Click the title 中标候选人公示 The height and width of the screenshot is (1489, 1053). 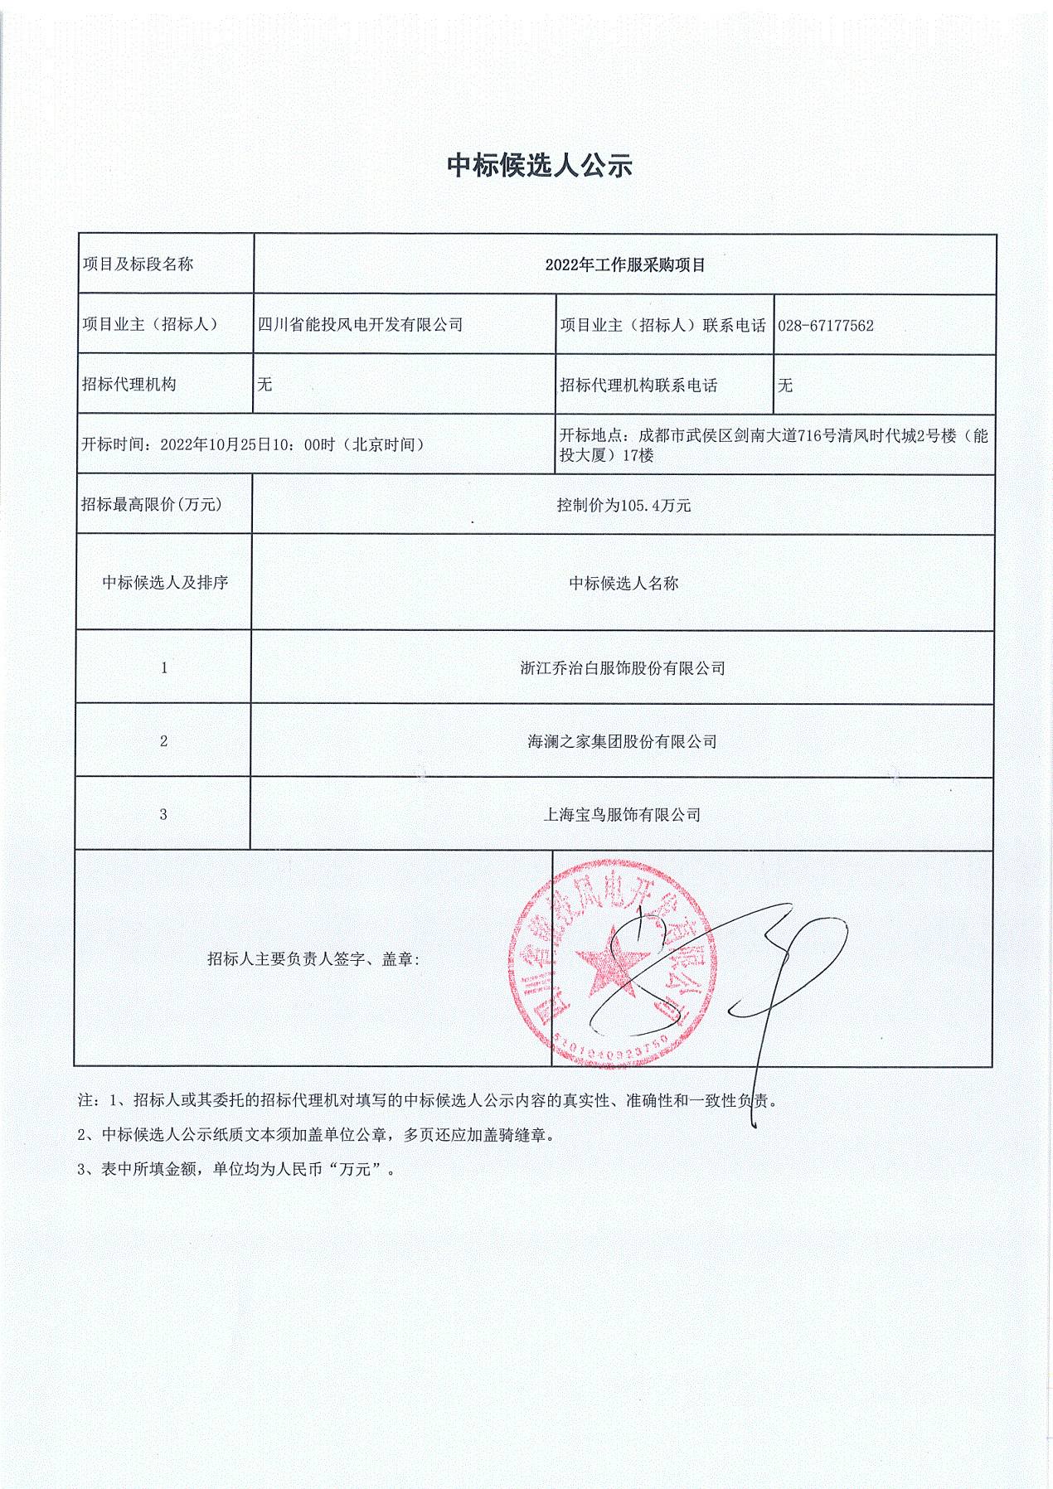tap(540, 165)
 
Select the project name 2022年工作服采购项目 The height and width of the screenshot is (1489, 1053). tap(625, 265)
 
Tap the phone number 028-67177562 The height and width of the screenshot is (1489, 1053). tap(826, 326)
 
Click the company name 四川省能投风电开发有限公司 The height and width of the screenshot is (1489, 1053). tap(360, 325)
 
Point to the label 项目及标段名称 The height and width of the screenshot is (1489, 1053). tap(138, 264)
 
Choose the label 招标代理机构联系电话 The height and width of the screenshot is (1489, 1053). tap(638, 386)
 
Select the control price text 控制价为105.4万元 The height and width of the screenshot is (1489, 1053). tap(624, 506)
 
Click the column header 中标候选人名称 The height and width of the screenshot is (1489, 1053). tap(624, 584)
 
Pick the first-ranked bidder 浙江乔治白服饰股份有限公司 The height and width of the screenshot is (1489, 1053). tap(623, 668)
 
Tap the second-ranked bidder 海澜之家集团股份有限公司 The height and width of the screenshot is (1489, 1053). tap(622, 741)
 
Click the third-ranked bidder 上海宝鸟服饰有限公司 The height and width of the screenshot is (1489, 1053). tap(622, 815)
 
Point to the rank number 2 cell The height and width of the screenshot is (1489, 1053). tap(163, 741)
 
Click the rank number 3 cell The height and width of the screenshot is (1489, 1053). tap(163, 815)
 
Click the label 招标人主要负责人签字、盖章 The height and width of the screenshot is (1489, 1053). tap(313, 959)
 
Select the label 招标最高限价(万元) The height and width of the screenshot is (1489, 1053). tap(152, 505)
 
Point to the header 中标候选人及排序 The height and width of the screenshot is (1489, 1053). tap(165, 583)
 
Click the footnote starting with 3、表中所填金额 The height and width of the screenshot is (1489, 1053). tap(237, 1170)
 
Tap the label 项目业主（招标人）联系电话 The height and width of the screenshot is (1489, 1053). tap(662, 326)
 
